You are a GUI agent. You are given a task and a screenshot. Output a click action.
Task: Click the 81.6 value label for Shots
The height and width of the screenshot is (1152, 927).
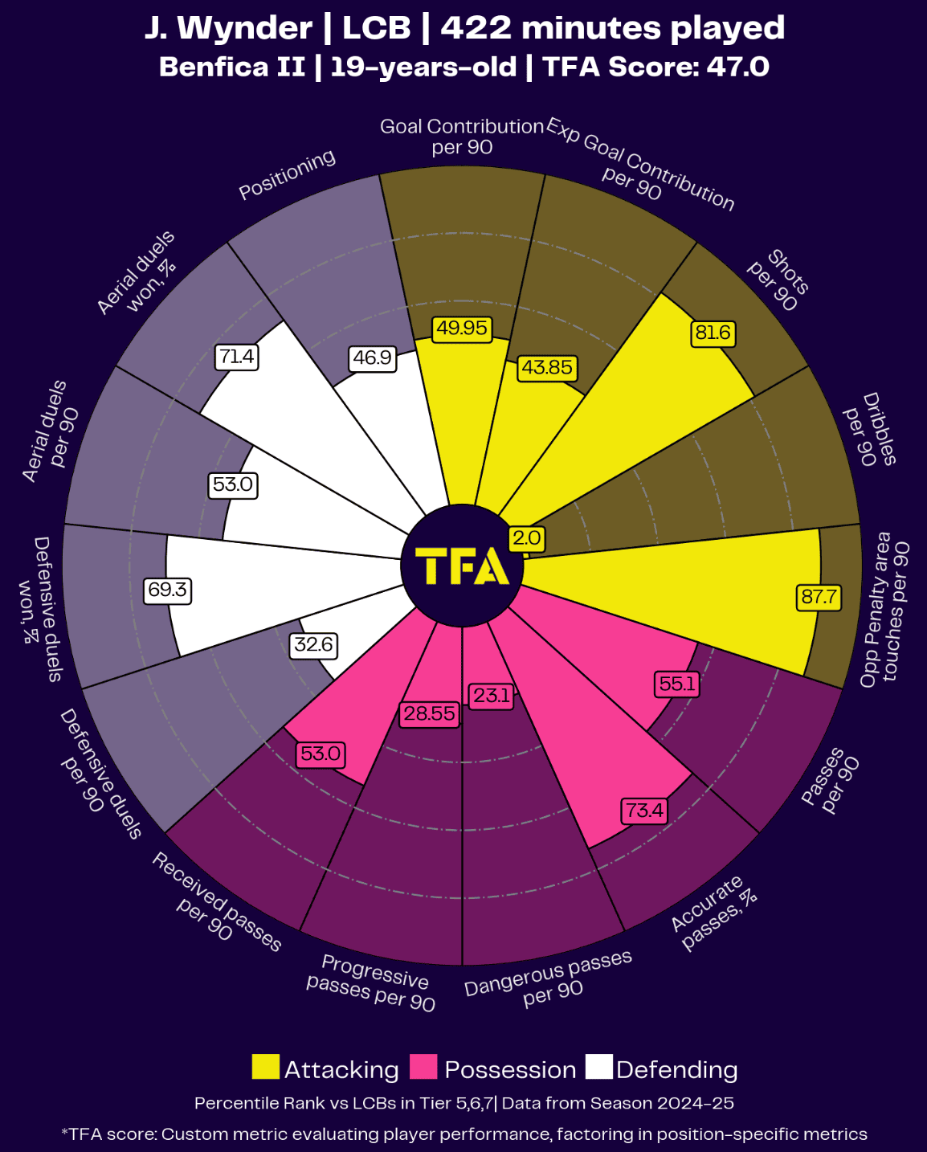tap(713, 333)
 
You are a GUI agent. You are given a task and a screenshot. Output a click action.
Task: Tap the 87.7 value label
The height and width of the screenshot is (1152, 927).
tap(819, 598)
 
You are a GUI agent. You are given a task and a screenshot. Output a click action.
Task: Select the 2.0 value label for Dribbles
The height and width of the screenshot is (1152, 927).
tap(527, 538)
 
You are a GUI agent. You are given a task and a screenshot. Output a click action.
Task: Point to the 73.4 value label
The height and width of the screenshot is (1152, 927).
tap(644, 810)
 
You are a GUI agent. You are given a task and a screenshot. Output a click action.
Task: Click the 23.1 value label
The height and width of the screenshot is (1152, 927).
tap(491, 696)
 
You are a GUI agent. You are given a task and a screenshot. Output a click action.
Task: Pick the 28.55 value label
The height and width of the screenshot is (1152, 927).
tap(429, 713)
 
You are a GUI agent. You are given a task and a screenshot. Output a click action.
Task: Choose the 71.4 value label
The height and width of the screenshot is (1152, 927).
tap(237, 357)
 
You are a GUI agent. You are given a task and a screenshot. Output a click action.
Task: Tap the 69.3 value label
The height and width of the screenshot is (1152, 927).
tap(167, 590)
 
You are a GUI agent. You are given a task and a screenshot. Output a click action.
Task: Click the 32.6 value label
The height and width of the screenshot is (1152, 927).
tap(313, 644)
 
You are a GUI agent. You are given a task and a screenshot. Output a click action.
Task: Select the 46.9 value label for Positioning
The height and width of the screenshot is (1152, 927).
tap(373, 357)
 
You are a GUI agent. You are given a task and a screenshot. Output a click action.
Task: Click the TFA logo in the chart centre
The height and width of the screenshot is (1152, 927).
tap(462, 566)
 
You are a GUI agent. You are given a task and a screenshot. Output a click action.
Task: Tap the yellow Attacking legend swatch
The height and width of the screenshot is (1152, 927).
tap(265, 1068)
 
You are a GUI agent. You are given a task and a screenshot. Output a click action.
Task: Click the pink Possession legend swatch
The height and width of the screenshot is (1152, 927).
tap(423, 1068)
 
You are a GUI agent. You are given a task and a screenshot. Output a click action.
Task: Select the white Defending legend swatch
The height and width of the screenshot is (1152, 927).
tap(598, 1068)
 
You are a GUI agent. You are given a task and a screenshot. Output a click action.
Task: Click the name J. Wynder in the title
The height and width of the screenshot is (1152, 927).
tap(228, 29)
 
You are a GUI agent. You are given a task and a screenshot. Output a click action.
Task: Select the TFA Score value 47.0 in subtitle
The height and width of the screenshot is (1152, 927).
tap(737, 67)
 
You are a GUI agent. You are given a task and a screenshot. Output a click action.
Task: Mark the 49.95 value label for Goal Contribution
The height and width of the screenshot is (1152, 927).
tap(461, 329)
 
